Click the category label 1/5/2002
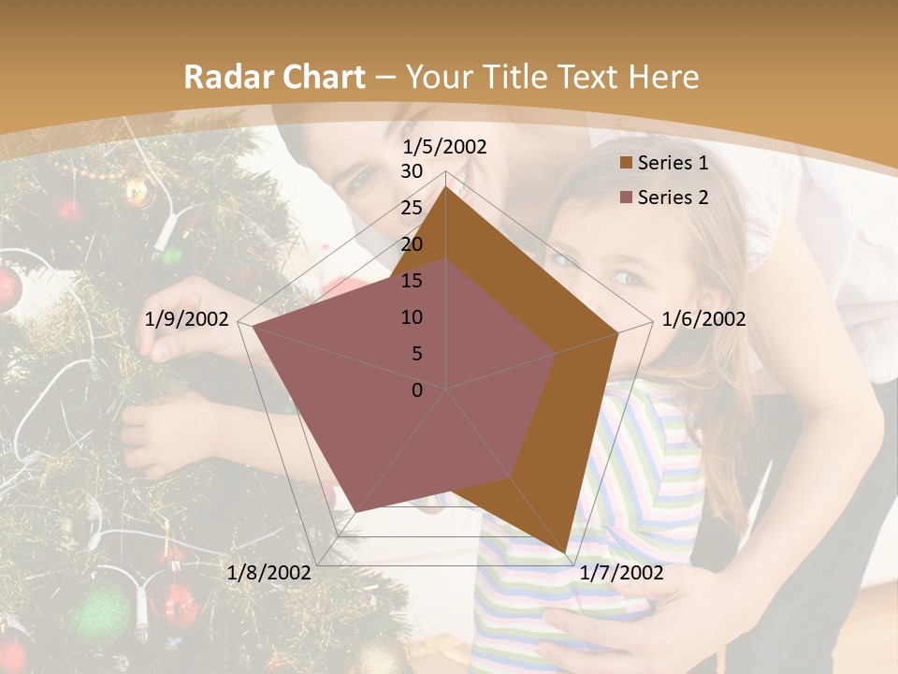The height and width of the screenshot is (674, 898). [445, 147]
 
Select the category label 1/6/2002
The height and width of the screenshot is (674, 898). [703, 319]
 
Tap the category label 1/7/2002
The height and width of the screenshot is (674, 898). [621, 573]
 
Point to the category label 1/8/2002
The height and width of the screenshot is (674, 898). [269, 573]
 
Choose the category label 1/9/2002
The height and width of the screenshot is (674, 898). [187, 319]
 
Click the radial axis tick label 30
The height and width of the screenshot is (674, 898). [412, 171]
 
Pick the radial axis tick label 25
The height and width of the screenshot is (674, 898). [412, 208]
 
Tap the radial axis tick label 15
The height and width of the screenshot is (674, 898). [412, 281]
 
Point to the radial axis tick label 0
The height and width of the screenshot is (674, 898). [417, 390]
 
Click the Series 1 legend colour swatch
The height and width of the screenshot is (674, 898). [626, 163]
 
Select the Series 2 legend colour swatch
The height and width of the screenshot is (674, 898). [626, 198]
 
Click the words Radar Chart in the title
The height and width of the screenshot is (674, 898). [274, 78]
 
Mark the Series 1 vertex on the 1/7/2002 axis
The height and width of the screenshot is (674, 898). [565, 552]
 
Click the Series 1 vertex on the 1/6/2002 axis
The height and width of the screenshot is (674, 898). [618, 332]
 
